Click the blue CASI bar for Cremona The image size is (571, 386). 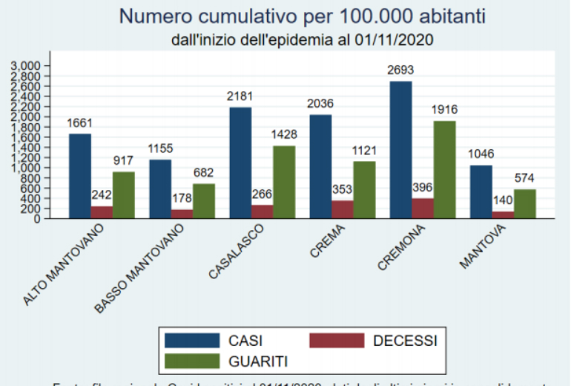[x=400, y=148]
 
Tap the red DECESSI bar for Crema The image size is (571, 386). [x=342, y=209]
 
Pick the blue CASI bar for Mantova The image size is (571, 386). [x=480, y=192]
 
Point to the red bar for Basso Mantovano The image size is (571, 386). [x=182, y=214]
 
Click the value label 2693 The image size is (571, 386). [x=400, y=71]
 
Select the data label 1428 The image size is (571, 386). [x=283, y=136]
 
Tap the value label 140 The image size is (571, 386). [x=502, y=201]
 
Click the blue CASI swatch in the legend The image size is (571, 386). [x=192, y=341]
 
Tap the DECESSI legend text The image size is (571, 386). [x=405, y=341]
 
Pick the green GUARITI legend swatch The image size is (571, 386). [x=192, y=361]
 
